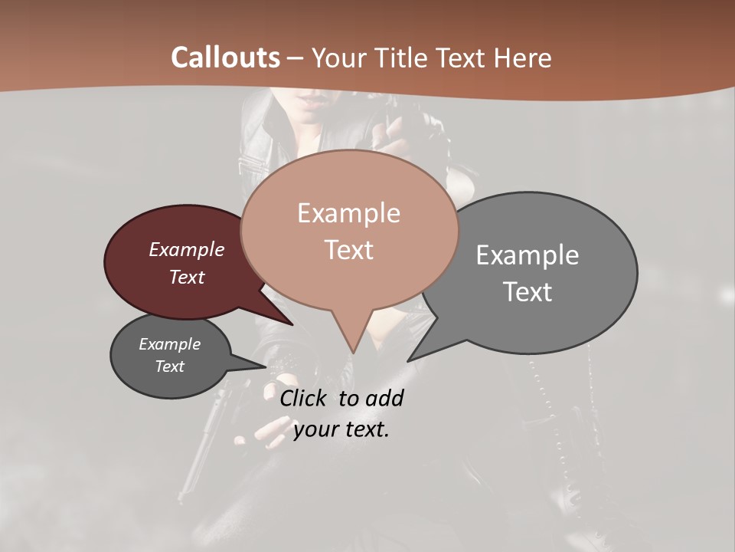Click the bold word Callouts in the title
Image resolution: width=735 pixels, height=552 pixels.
(x=225, y=58)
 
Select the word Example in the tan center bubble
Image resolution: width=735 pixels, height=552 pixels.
(x=348, y=213)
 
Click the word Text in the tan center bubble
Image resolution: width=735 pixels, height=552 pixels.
(x=348, y=249)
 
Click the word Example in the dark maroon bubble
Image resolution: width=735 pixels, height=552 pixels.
(x=187, y=249)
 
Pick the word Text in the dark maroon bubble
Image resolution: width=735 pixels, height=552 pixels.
(x=187, y=277)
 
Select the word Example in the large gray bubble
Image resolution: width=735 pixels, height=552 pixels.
(x=528, y=255)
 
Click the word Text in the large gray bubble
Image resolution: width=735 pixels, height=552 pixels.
(x=528, y=291)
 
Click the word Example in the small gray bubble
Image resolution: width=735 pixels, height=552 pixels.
(x=169, y=344)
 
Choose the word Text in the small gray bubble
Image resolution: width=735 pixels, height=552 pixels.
(x=169, y=366)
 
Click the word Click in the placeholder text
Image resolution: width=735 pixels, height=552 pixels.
(x=304, y=398)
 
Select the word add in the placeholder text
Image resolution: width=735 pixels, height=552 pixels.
(x=385, y=398)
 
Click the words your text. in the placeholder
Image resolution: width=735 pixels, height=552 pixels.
(x=341, y=429)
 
